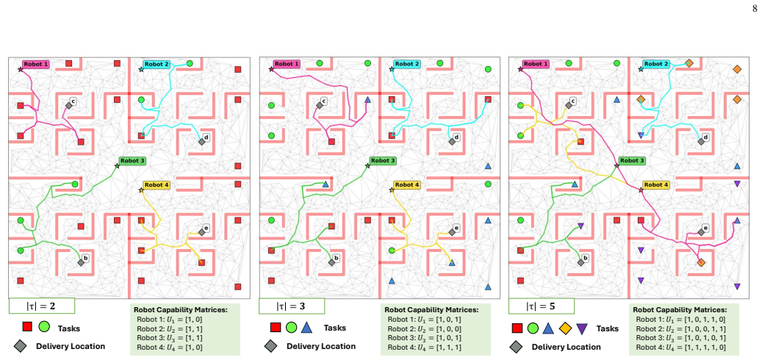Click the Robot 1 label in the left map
[x=36, y=64]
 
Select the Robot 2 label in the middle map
[x=406, y=64]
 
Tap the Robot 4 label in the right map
[x=655, y=185]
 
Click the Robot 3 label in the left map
[x=132, y=161]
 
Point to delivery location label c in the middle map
[x=324, y=101]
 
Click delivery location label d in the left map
[x=206, y=137]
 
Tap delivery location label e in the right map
[x=706, y=227]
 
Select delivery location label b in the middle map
[x=336, y=258]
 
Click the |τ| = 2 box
[x=42, y=306]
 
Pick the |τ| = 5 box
[x=542, y=306]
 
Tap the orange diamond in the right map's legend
[x=565, y=329]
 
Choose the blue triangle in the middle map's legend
[x=306, y=328]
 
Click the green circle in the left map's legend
[x=44, y=326]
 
